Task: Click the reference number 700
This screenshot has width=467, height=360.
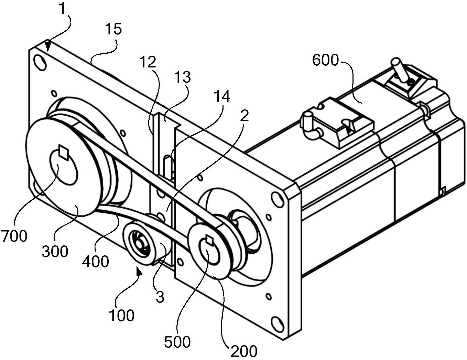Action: pos(14,236)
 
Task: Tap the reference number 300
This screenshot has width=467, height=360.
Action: pos(55,252)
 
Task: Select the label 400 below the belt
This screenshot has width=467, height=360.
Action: pos(95,262)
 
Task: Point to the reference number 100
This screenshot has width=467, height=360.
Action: pos(121,315)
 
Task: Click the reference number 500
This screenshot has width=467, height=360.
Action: pos(177,342)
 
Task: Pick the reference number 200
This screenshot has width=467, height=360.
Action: pos(244,351)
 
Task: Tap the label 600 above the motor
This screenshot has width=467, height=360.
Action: pos(325,60)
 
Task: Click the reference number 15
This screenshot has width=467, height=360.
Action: pos(113,29)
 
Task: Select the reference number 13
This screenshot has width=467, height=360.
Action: pos(182,77)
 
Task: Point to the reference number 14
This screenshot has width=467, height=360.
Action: pos(221,97)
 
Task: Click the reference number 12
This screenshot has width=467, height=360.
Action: pos(148,62)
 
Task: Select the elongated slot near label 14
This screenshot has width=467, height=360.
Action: pos(167,167)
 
